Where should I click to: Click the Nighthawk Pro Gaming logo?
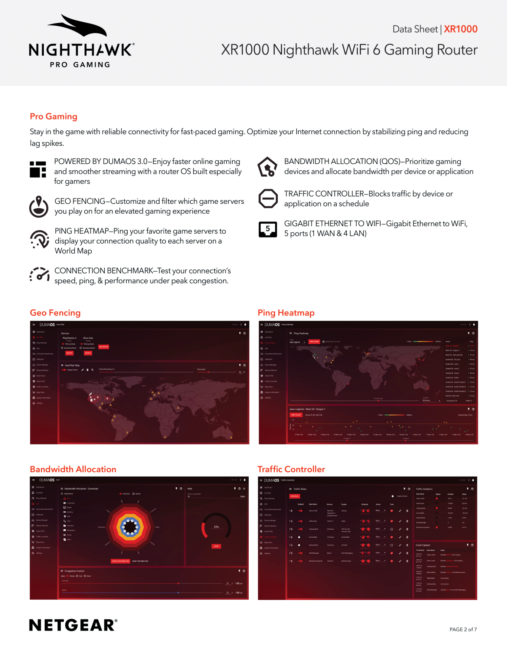click(81, 41)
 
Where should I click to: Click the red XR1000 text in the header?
click(460, 29)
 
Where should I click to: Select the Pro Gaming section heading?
click(53, 116)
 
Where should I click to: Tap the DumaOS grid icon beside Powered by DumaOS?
click(38, 169)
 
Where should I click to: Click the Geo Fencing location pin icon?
click(39, 207)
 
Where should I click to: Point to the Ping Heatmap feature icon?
click(39, 239)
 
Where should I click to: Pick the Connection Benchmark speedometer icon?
click(39, 275)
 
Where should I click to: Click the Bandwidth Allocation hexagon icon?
click(267, 167)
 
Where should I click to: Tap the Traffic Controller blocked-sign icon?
click(268, 198)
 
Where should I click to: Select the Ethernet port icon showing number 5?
click(268, 229)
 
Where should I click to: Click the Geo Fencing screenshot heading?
click(55, 313)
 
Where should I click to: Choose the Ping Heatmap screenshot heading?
click(286, 313)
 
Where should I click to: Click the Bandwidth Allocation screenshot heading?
click(73, 469)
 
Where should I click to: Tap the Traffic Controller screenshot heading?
click(291, 469)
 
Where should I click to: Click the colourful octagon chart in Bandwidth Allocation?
click(130, 527)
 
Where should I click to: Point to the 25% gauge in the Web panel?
click(216, 526)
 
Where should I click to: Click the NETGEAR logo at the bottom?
click(73, 625)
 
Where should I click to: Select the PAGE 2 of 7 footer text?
click(463, 629)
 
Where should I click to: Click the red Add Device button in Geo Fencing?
click(104, 347)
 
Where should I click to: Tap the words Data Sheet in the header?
click(415, 29)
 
